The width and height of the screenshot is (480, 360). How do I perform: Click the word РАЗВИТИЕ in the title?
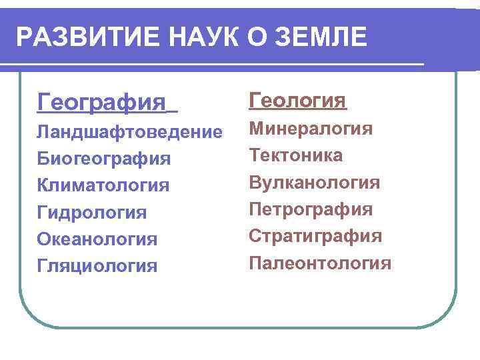click(x=83, y=37)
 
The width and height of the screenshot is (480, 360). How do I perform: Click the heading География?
click(x=101, y=103)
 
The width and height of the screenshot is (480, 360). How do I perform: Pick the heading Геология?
click(x=297, y=101)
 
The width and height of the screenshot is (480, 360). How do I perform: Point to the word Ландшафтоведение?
click(x=129, y=132)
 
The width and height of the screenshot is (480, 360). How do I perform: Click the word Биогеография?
click(x=103, y=159)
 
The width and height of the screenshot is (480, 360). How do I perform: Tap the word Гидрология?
click(x=92, y=213)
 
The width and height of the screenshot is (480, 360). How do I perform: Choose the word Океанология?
click(x=97, y=239)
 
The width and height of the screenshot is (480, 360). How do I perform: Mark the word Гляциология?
click(x=97, y=266)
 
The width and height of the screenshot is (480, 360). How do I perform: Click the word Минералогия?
click(x=311, y=129)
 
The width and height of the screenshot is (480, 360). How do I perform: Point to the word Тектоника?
click(x=296, y=155)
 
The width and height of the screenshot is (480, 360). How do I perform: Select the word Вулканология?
click(x=314, y=183)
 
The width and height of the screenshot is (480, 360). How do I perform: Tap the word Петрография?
click(x=310, y=209)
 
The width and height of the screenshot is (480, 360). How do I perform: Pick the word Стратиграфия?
click(x=315, y=236)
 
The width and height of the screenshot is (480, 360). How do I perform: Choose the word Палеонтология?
click(x=320, y=263)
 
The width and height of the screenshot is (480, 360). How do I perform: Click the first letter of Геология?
click(x=255, y=101)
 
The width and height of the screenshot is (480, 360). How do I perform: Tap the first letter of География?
click(x=43, y=103)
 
